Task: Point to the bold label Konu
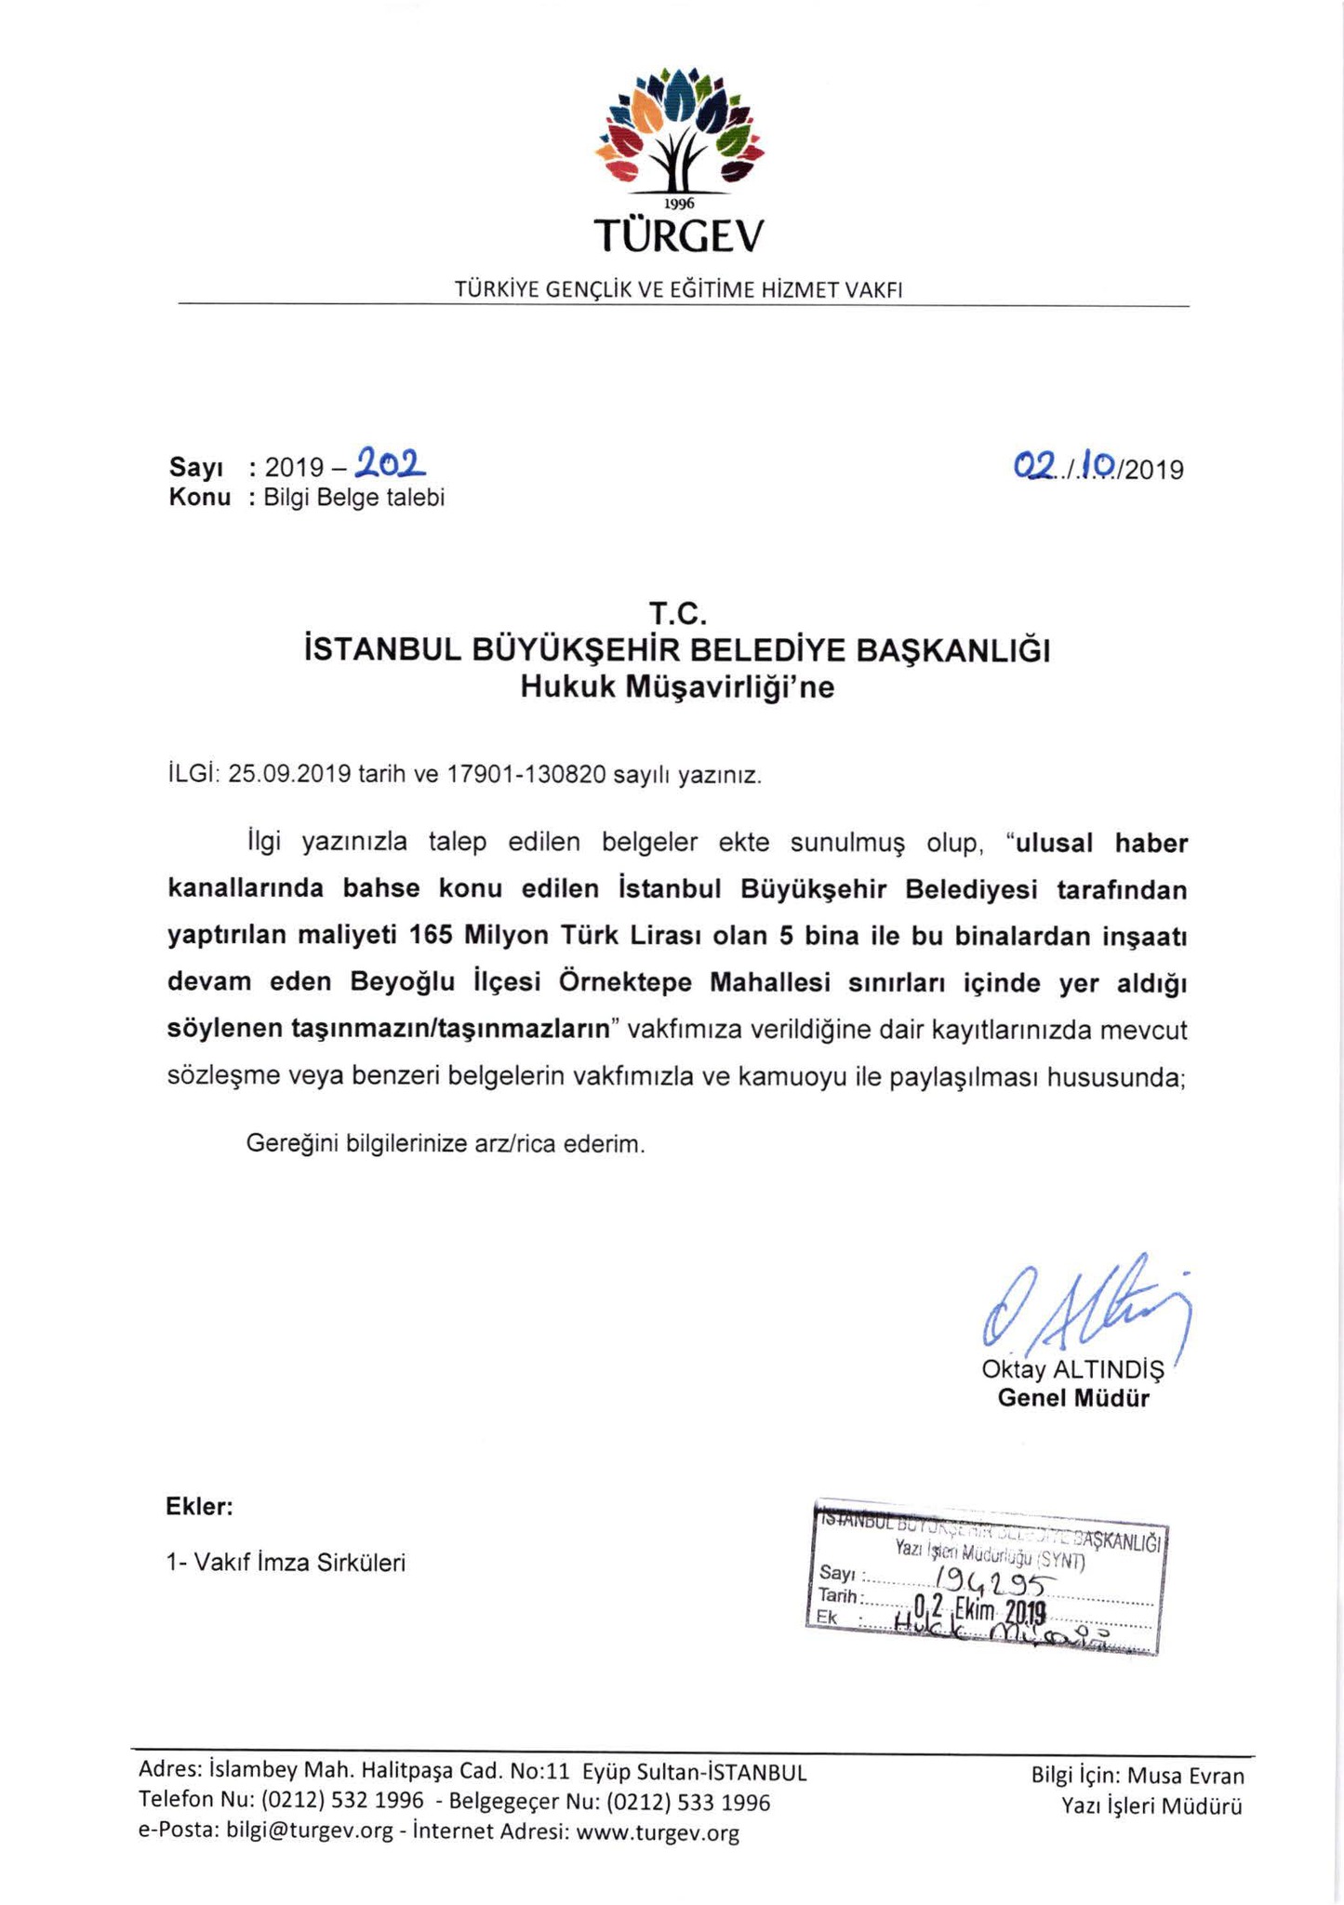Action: point(199,498)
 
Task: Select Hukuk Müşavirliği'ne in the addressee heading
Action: point(677,687)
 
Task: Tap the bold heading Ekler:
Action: point(199,1506)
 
